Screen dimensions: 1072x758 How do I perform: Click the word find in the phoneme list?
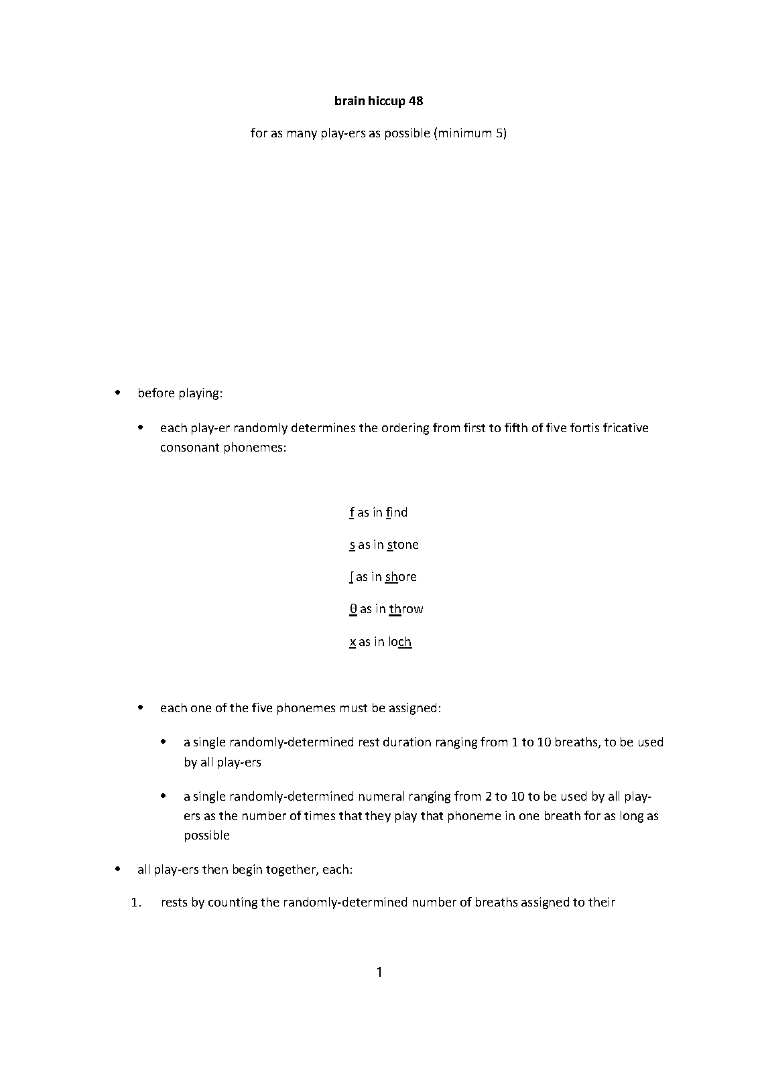click(397, 513)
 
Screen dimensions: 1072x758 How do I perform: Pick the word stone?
click(403, 545)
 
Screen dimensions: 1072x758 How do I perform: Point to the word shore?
click(401, 577)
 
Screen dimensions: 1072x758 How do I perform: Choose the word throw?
click(406, 609)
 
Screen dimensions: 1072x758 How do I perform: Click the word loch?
click(399, 642)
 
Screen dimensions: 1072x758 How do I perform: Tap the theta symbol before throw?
click(353, 609)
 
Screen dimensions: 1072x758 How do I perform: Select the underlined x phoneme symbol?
click(353, 642)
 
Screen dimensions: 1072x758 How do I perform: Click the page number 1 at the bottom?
click(379, 972)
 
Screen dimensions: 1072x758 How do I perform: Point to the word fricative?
click(625, 427)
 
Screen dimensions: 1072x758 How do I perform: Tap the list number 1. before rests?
click(137, 902)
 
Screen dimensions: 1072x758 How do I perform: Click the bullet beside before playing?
click(118, 393)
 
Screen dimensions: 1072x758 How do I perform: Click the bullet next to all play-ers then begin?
click(118, 870)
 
